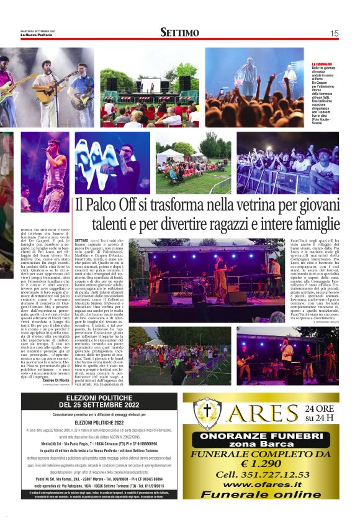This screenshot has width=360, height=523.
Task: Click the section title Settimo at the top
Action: point(179,32)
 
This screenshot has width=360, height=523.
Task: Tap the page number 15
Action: point(334,33)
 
